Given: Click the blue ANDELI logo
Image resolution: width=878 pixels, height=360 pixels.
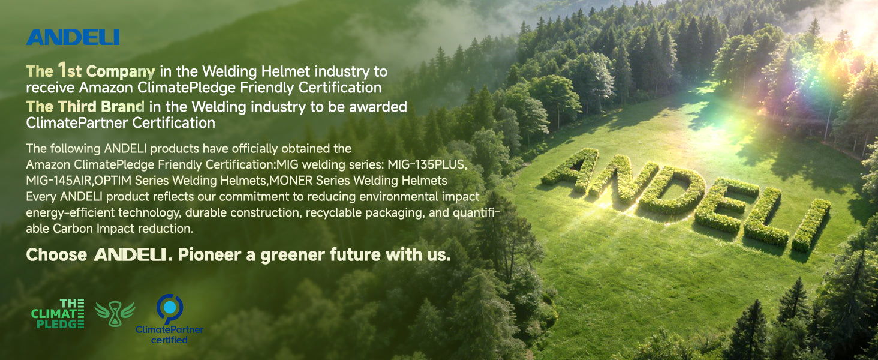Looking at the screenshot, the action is (73, 37).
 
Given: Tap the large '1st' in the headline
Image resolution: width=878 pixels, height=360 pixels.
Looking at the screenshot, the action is (70, 71).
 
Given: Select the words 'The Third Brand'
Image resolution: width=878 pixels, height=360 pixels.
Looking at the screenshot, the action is (85, 107).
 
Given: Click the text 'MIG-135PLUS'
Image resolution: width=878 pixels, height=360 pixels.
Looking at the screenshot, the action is (426, 165).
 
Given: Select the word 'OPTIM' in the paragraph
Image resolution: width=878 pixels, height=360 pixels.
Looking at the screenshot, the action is (113, 181).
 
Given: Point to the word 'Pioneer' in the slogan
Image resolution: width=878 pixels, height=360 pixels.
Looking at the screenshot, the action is (209, 255).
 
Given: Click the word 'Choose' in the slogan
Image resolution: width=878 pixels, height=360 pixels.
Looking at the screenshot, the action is (56, 255).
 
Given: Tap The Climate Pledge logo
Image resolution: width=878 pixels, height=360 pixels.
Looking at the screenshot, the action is (58, 313).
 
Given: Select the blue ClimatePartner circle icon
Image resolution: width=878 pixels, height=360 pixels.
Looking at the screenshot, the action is (169, 308).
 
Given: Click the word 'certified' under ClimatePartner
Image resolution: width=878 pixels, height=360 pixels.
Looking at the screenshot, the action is (169, 340).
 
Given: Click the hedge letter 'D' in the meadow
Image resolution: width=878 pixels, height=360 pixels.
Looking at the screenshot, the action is (673, 191).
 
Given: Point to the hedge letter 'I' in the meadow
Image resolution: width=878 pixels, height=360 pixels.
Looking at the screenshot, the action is (811, 226).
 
